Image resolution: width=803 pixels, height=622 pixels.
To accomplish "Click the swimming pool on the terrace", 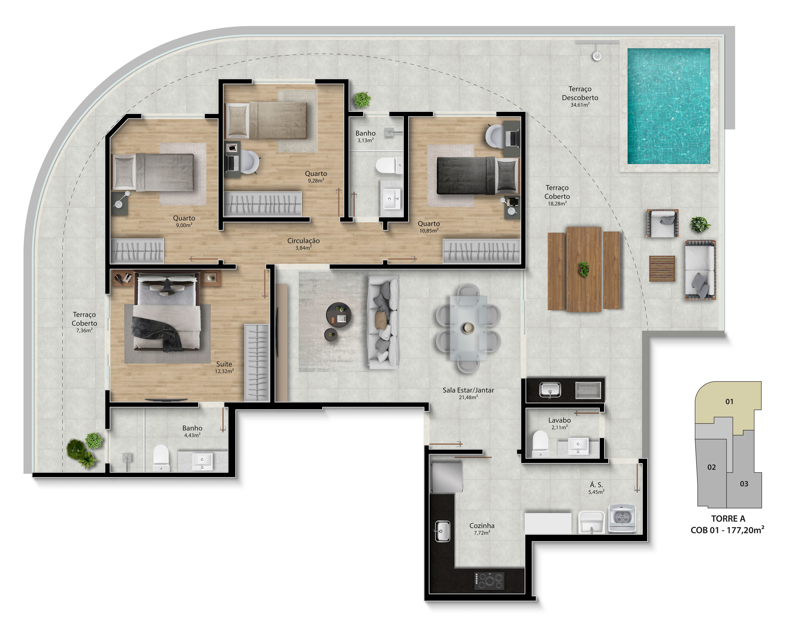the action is pyautogui.click(x=669, y=106).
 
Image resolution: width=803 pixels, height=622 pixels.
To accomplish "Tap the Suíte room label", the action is pyautogui.click(x=224, y=364).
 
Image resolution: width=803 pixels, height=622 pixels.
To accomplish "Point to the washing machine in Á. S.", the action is pyautogui.click(x=622, y=518).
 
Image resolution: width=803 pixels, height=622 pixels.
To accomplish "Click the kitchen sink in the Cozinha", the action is pyautogui.click(x=442, y=531).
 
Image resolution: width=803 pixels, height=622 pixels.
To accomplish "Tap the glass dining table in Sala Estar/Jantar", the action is pyautogui.click(x=468, y=328).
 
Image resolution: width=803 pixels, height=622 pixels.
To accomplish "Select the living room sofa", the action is pyautogui.click(x=384, y=322).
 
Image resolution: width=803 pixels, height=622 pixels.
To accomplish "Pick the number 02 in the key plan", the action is pyautogui.click(x=712, y=467).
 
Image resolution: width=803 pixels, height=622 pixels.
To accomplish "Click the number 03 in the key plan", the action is pyautogui.click(x=744, y=484).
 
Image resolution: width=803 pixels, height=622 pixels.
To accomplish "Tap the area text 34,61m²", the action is pyautogui.click(x=580, y=105).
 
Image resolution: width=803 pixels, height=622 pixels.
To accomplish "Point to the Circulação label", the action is pyautogui.click(x=303, y=241).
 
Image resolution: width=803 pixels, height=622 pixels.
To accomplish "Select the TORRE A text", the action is pyautogui.click(x=728, y=519).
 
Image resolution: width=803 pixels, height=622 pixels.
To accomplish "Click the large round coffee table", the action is pyautogui.click(x=338, y=315).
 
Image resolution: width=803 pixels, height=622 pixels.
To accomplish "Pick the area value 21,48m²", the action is pyautogui.click(x=468, y=397).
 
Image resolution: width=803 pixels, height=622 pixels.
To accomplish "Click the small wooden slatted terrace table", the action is pyautogui.click(x=662, y=268).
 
